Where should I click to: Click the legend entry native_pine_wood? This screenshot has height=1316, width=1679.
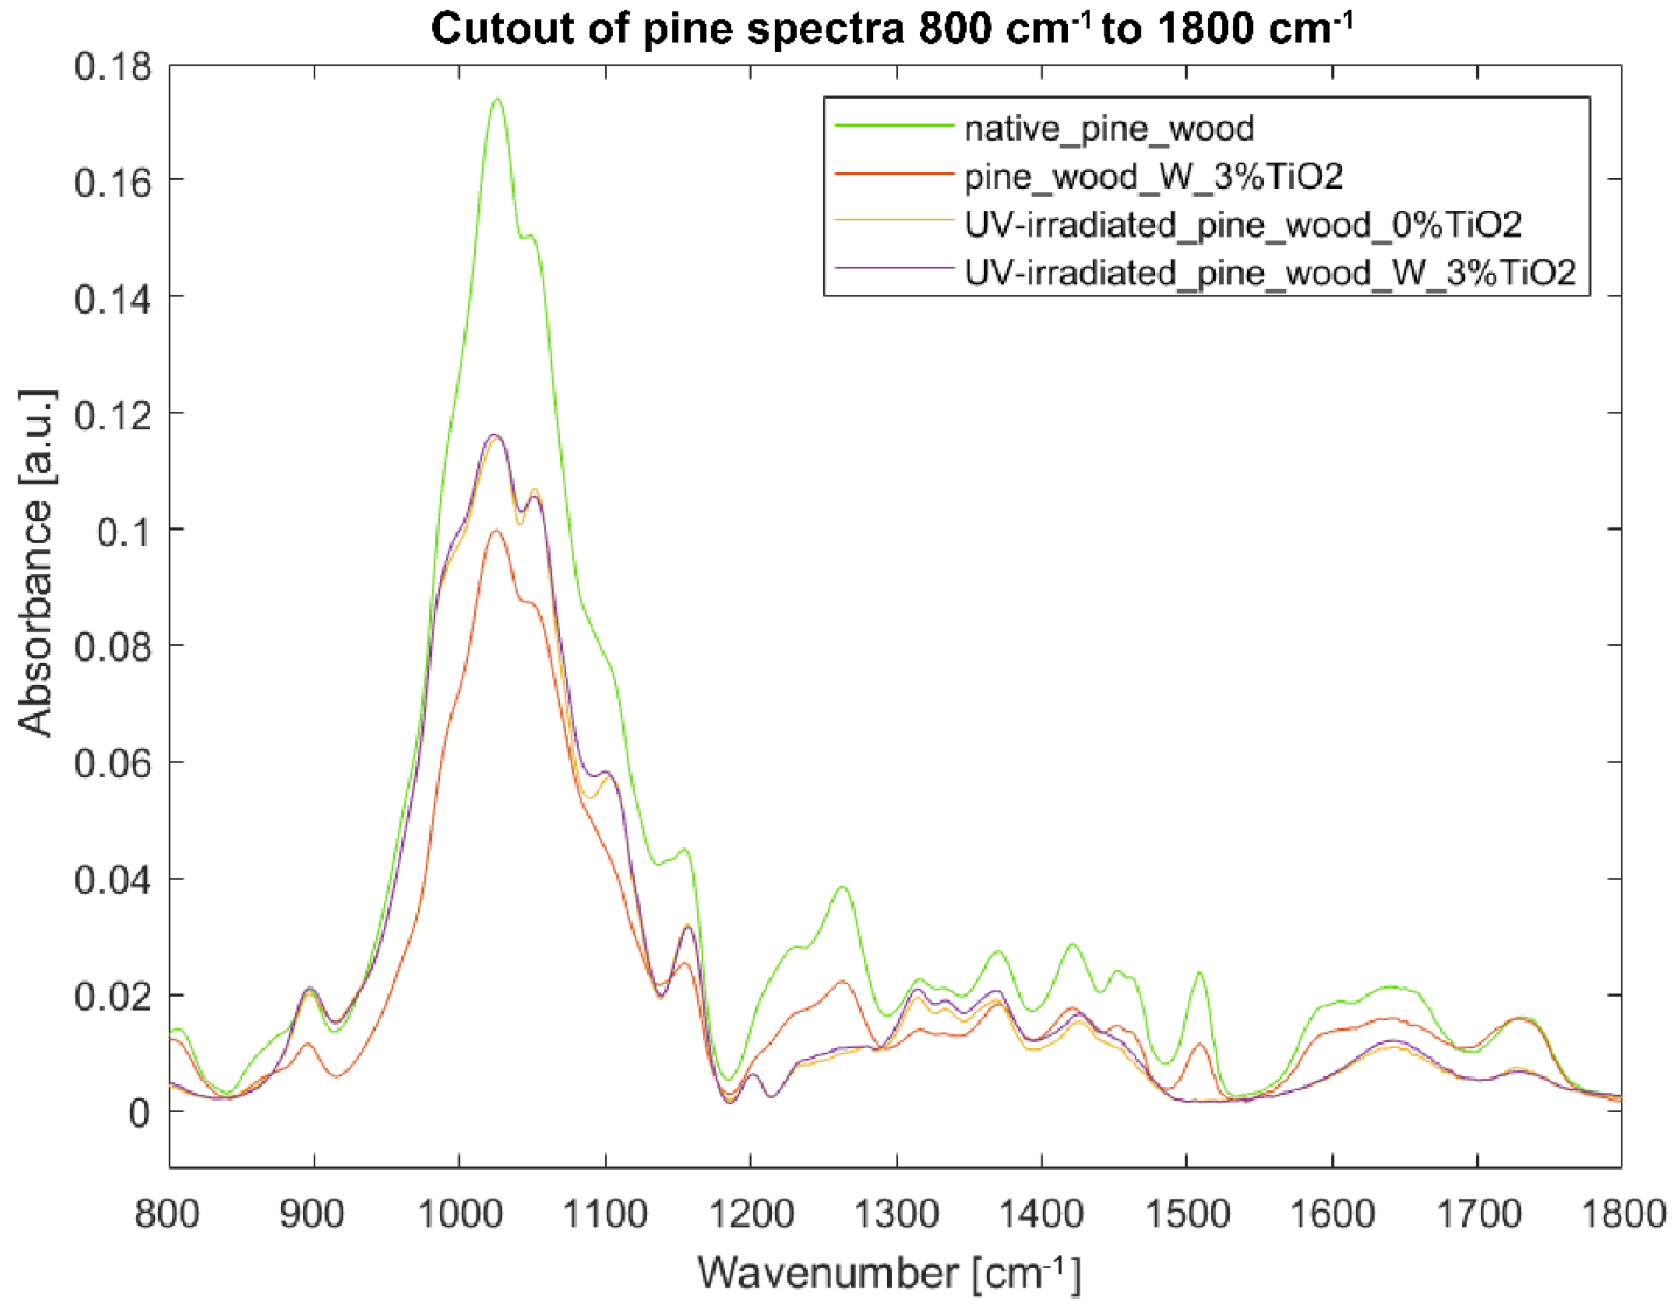point(1109,129)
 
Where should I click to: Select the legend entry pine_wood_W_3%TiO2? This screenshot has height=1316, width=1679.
point(1153,176)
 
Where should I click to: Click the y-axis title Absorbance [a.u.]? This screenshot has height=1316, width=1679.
point(35,563)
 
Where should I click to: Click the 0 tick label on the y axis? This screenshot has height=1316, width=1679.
point(139,1113)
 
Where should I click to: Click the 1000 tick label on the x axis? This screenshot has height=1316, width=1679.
point(460,1214)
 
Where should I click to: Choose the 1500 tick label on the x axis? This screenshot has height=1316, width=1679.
point(1187,1214)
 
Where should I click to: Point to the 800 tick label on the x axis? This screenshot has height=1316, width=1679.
point(167,1214)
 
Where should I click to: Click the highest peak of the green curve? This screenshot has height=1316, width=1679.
point(497,99)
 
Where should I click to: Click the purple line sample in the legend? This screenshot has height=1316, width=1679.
point(894,267)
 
